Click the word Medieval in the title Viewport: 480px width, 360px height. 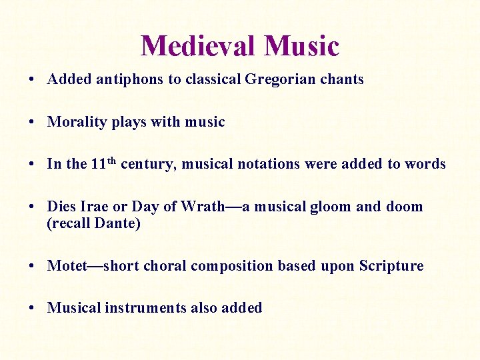pyautogui.click(x=198, y=46)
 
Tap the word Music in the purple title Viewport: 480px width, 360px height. pyautogui.click(x=301, y=46)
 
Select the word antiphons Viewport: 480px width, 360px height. pyautogui.click(x=130, y=79)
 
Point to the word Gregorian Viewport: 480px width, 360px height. pyautogui.click(x=275, y=79)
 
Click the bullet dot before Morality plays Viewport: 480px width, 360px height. pyautogui.click(x=32, y=123)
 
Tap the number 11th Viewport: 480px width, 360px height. pyautogui.click(x=104, y=163)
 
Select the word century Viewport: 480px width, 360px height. pyautogui.click(x=149, y=164)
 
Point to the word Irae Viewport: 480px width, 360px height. pyautogui.click(x=95, y=207)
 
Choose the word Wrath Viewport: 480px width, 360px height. pyautogui.click(x=203, y=207)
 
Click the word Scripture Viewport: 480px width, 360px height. pyautogui.click(x=391, y=266)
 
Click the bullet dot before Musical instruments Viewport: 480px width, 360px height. pyautogui.click(x=32, y=309)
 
